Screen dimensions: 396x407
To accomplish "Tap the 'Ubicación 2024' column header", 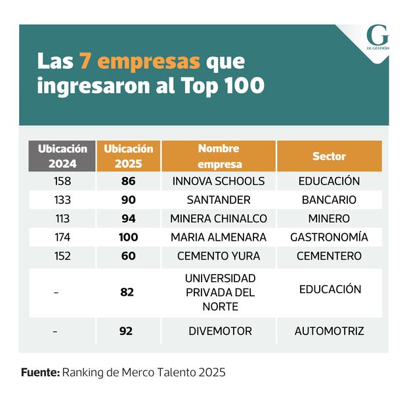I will point(62,156).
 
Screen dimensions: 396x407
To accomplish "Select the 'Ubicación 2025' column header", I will point(128,156).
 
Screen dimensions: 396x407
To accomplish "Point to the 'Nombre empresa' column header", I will point(219,156).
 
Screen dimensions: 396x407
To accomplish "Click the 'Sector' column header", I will point(329,157).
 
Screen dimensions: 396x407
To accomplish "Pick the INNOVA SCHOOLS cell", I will point(219,181).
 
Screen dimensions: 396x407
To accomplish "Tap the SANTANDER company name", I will point(219,200).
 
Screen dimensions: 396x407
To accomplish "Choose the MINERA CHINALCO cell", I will point(219,218).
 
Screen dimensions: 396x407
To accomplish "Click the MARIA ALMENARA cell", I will point(219,237).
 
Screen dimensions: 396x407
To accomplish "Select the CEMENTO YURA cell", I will point(219,256).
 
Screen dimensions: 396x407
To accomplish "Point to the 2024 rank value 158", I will point(62,181).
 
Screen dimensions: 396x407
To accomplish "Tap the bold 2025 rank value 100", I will point(128,237).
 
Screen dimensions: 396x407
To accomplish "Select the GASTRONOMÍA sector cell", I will point(329,237).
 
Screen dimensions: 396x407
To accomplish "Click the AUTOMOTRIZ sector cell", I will point(329,331).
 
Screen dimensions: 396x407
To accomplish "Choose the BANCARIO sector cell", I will point(329,200).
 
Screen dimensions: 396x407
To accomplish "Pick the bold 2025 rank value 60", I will point(128,256).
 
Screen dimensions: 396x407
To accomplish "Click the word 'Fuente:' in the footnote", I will point(40,372).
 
